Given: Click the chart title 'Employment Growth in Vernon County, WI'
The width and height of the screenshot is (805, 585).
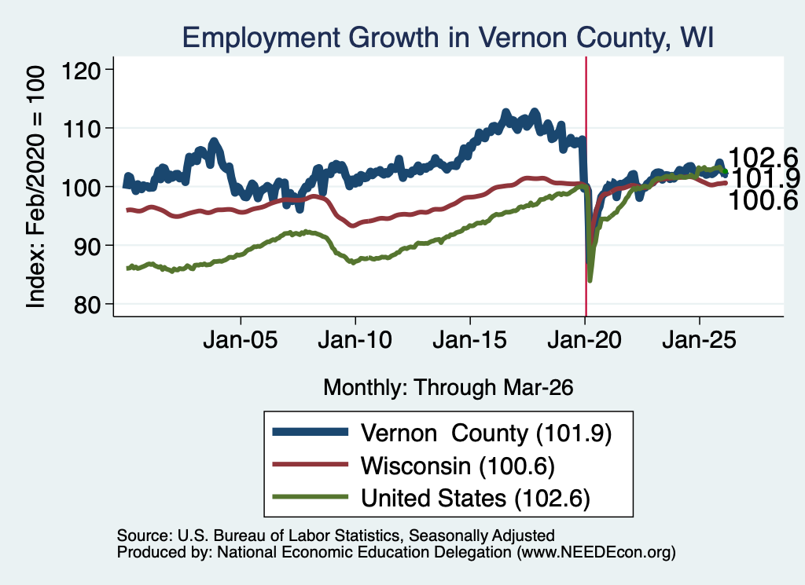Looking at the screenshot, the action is coord(447,38).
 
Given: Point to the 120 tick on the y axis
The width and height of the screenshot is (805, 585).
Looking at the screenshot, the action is coord(81,70).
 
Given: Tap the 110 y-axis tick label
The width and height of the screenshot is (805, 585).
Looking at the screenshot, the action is coord(81,129).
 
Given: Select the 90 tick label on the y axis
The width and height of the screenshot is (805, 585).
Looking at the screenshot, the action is coord(86,246).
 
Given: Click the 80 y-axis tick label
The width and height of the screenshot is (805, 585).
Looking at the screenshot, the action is coord(86,305).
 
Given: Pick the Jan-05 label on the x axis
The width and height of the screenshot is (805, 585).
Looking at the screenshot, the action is coord(241,340).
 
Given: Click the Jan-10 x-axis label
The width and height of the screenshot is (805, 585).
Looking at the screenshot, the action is coord(355,340).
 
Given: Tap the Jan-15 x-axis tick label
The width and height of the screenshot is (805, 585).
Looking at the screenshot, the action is coord(470,340).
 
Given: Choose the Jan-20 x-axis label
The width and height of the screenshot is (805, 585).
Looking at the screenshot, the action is coord(584,340).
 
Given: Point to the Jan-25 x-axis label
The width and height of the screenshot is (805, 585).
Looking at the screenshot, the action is coord(699,340).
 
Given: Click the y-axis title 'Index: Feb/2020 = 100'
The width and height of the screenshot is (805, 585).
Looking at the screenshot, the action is coord(36,187).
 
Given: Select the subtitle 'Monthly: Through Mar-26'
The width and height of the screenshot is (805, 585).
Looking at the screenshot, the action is coord(448,388).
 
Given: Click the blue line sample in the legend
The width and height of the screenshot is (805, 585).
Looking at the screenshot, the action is coord(310,432).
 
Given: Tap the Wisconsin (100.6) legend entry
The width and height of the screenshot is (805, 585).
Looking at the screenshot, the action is coord(458,466).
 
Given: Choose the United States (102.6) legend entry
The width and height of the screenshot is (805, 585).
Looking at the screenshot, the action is coord(476,498).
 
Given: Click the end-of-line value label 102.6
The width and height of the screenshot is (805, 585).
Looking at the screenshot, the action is coord(763,157).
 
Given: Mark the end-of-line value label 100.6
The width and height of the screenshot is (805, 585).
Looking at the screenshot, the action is coord(763,200).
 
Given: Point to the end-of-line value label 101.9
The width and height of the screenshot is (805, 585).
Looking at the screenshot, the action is coord(765,178).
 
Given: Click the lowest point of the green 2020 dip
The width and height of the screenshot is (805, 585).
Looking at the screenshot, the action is coord(590,280).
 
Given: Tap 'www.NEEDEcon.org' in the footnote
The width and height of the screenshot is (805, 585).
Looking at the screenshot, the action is coord(596,552).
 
